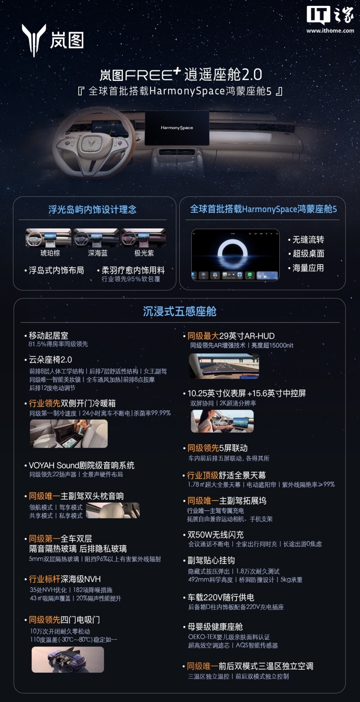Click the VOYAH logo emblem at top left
point(34,40)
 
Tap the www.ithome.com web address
point(330,31)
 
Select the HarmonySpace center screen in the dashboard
point(177,128)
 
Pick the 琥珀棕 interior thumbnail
point(48,238)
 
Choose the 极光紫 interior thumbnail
point(143,238)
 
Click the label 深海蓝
point(97,253)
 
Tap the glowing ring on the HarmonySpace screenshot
point(232,251)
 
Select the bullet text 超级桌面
point(308,254)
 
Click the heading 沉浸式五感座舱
point(180,311)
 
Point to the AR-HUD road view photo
point(224,366)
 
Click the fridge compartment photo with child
point(69,434)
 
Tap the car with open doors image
point(67,660)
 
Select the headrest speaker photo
point(113,511)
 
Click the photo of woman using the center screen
point(222,421)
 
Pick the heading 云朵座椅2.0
point(50,360)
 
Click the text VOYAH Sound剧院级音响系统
point(81,466)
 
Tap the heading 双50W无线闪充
point(215,535)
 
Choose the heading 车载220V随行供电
point(220,597)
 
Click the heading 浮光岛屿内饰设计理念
point(92,209)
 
